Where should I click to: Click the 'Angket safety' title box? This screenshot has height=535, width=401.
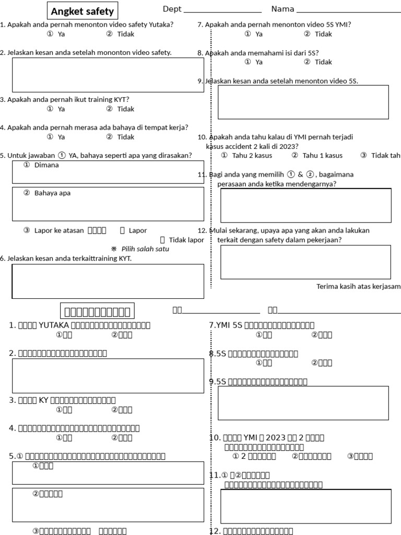pyautogui.click(x=82, y=11)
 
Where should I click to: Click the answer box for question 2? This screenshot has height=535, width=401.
pyautogui.click(x=108, y=75)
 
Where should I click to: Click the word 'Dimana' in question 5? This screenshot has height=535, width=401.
pyautogui.click(x=46, y=165)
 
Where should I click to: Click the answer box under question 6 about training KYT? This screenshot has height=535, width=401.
pyautogui.click(x=108, y=281)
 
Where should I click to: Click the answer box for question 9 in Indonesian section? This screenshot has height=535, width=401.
pyautogui.click(x=303, y=102)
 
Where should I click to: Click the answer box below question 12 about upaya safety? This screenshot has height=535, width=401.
pyautogui.click(x=305, y=262)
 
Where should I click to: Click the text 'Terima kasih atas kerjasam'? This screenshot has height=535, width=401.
pyautogui.click(x=358, y=286)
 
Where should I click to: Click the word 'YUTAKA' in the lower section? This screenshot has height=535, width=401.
pyautogui.click(x=53, y=325)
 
